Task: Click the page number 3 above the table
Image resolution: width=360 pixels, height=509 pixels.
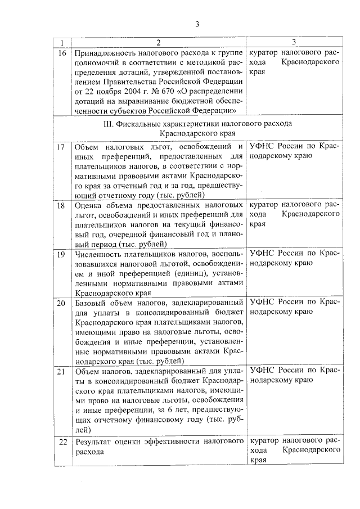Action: pos(197,24)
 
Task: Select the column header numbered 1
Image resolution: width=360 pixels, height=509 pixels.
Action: pos(62,43)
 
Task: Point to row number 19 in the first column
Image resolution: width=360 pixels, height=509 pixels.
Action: pos(62,254)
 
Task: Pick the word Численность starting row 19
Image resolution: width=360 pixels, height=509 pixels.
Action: pos(99,254)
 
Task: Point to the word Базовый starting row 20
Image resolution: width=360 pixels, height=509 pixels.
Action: pos(91,303)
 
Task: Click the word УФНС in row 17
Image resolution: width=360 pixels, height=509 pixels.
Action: pos(263,146)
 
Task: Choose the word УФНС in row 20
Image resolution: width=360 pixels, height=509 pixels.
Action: pos(263,303)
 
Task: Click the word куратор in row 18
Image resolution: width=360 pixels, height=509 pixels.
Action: pos(263,206)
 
